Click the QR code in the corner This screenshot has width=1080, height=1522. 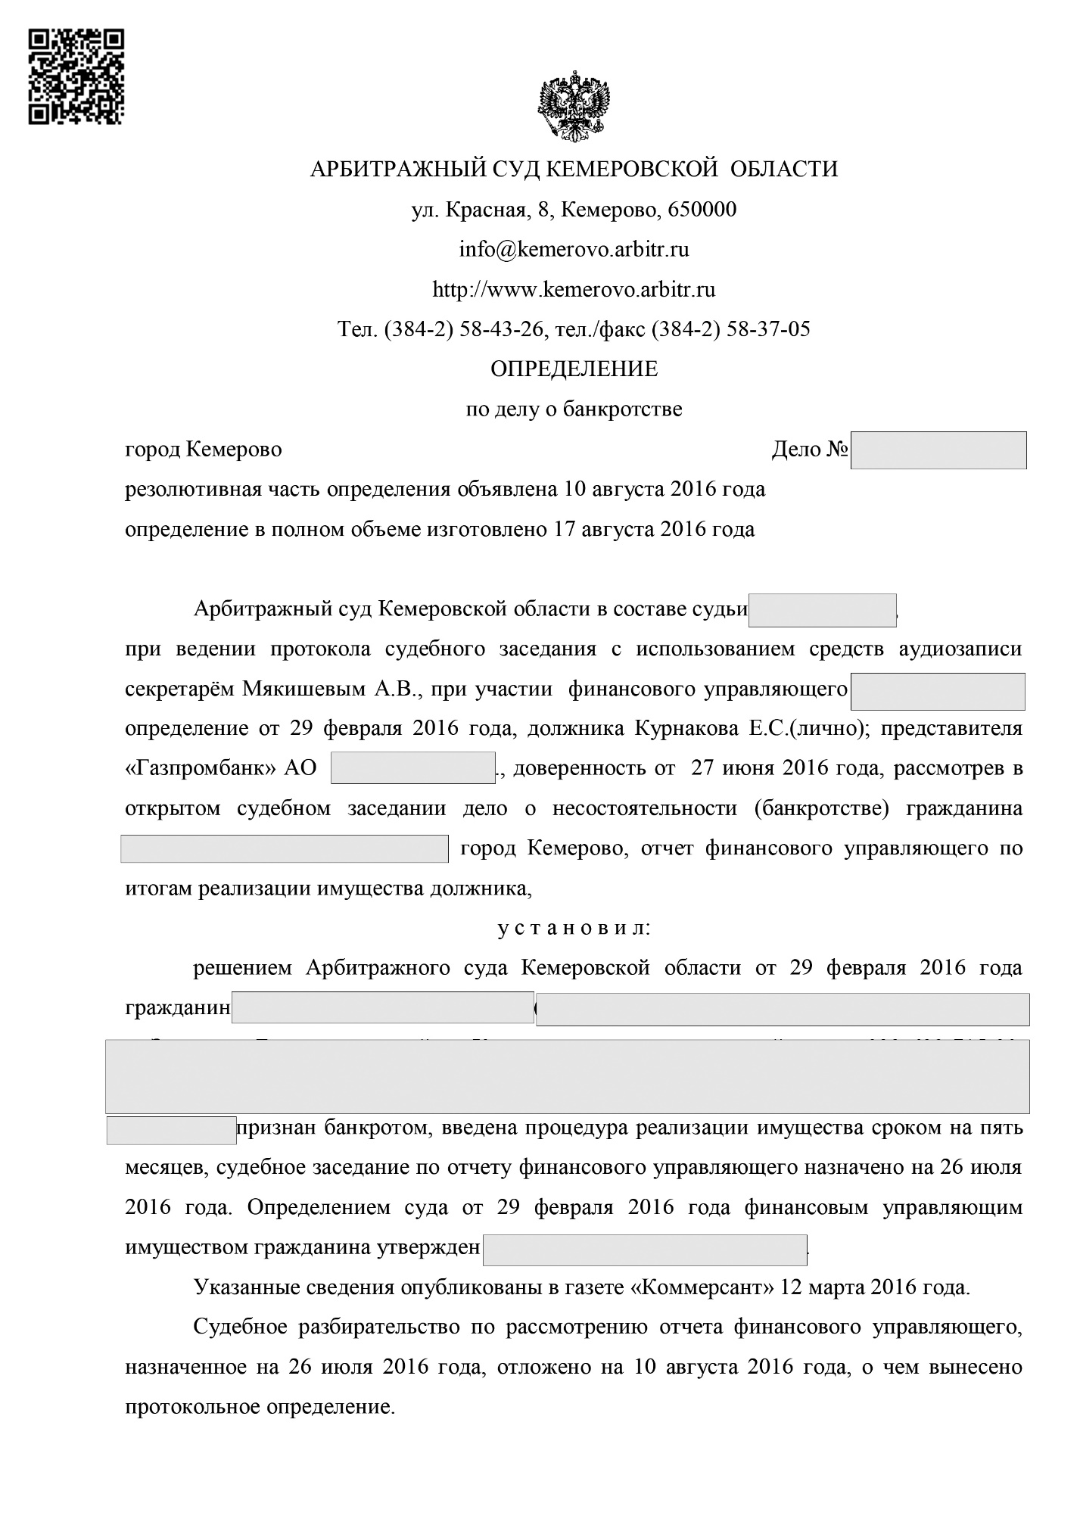[x=76, y=76]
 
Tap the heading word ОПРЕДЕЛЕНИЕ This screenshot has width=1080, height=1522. [x=574, y=369]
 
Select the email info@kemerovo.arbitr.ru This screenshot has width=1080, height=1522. [x=574, y=249]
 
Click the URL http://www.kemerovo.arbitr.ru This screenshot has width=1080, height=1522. [x=574, y=289]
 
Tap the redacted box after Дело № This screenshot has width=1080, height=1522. [x=938, y=450]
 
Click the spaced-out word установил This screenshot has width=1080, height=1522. [x=573, y=928]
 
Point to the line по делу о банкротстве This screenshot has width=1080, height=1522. [x=574, y=409]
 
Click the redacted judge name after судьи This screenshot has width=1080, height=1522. [x=822, y=610]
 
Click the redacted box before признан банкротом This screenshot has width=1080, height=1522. [x=171, y=1130]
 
